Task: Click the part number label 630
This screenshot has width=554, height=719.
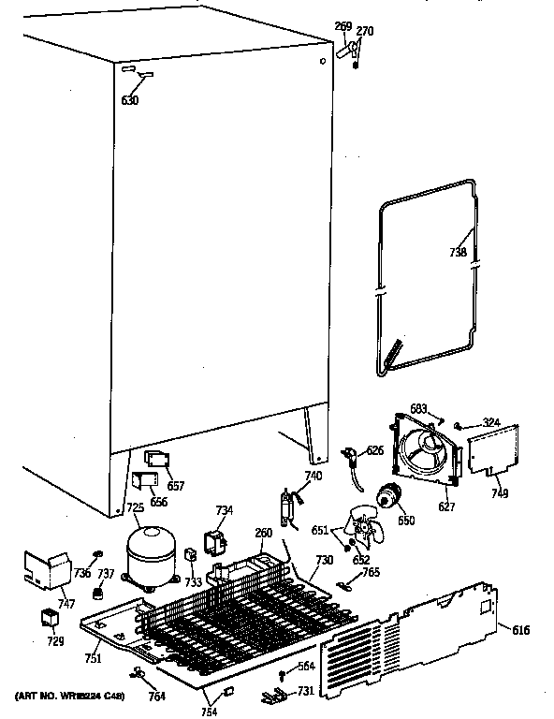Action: [x=129, y=100]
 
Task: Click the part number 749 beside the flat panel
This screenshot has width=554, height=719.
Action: [x=500, y=493]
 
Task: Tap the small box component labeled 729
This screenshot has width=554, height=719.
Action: [x=46, y=619]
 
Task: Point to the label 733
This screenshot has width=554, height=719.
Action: [x=194, y=581]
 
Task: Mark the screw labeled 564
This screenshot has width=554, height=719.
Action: [x=281, y=676]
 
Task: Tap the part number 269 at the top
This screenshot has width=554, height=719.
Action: [x=343, y=27]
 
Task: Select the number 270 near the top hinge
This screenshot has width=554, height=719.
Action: [x=365, y=32]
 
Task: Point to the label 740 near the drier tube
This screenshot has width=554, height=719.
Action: [x=313, y=476]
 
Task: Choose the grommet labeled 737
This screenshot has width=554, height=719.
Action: [x=97, y=593]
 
